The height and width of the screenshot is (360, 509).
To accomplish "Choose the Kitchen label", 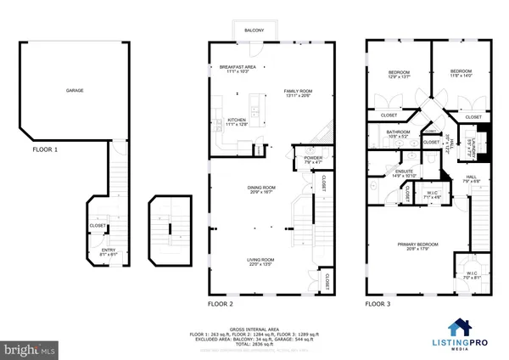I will tap(237, 122).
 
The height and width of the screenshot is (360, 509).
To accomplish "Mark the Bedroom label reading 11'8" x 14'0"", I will tap(461, 73).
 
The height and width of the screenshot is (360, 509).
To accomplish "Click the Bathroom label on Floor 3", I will tap(399, 134).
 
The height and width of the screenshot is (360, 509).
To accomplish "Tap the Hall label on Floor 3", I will tap(471, 178).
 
